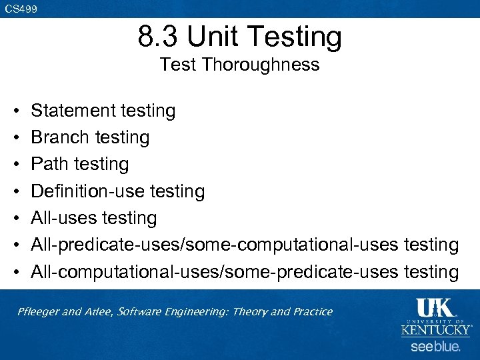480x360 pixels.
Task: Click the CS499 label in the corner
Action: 21,9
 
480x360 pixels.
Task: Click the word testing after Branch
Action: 122,137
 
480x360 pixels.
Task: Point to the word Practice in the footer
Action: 312,312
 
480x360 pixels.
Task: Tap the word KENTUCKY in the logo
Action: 435,331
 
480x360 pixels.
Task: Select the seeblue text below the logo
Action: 435,347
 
